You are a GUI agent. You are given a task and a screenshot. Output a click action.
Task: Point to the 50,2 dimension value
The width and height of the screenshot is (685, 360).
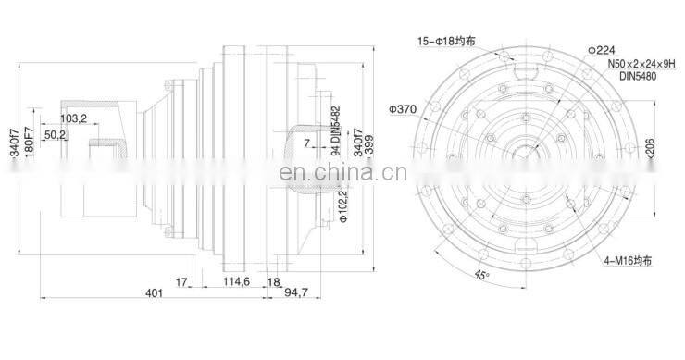pos(55,135)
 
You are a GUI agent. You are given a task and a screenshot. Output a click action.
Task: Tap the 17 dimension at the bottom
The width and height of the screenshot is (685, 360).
pos(181,282)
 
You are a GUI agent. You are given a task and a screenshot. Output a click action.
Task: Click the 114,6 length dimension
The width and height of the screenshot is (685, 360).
pos(236,282)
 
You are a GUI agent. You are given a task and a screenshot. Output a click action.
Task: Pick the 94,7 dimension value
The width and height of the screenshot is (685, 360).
pos(294,294)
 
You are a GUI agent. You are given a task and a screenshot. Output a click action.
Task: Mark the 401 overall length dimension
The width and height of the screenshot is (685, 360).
pos(154,294)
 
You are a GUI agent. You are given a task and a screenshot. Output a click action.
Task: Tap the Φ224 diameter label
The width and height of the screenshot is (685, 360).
pos(602,50)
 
